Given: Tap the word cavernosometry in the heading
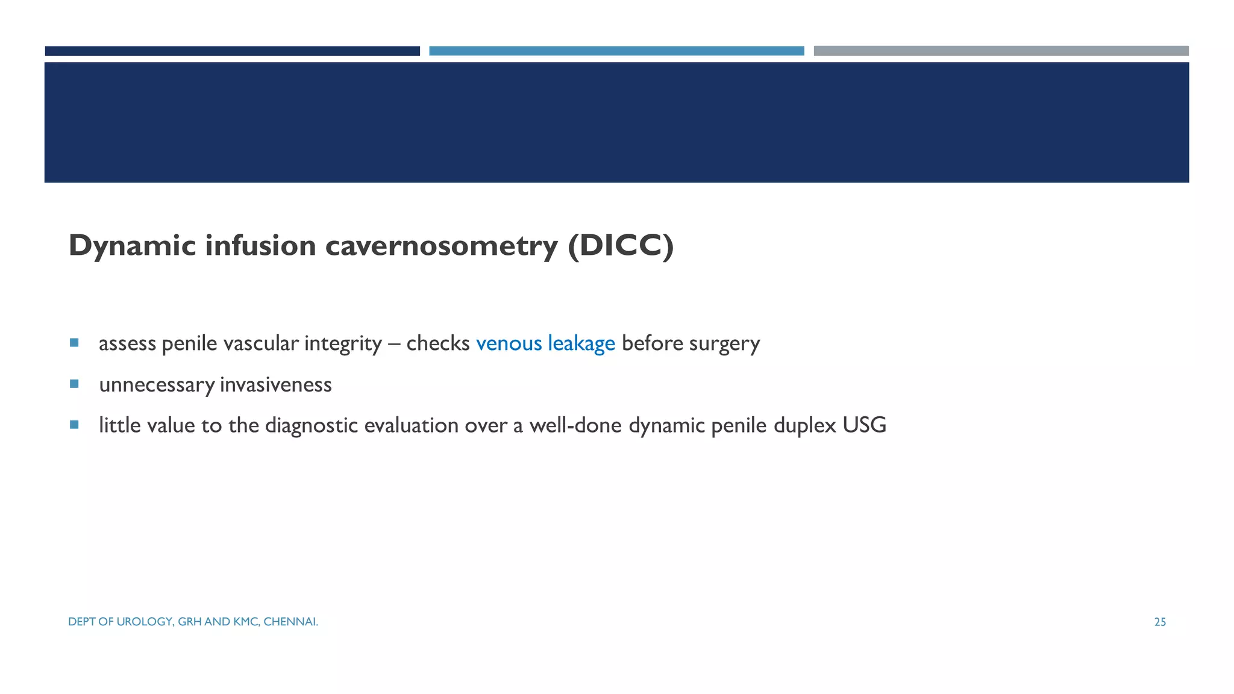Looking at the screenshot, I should pos(441,246).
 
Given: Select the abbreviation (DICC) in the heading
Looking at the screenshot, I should pos(621,246).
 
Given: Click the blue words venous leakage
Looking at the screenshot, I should pos(545,343).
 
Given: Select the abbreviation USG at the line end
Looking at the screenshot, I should pos(864,425).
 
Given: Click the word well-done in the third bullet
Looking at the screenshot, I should pos(575,425).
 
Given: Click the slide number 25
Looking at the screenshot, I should pos(1160,622).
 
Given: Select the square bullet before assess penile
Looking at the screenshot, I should pos(74,343).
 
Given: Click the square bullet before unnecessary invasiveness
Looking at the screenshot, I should pos(74,384).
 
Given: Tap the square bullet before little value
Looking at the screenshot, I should pos(74,425).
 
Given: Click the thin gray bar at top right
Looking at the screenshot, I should pos(1001,51).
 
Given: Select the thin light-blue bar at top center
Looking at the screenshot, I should pos(616,51).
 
